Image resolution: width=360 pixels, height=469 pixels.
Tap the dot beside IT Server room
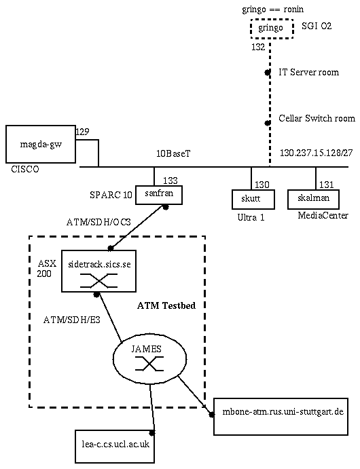click(268, 73)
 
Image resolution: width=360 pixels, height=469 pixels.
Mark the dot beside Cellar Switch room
click(268, 123)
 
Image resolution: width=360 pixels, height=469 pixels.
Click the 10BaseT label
click(173, 153)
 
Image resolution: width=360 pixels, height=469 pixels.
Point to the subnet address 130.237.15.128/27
click(317, 153)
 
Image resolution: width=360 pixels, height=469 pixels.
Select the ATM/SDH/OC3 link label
click(98, 222)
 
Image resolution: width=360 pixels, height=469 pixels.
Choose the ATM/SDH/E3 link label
click(72, 320)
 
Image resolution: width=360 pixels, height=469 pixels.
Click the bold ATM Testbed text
click(166, 305)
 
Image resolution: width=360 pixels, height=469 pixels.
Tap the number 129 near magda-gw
click(82, 132)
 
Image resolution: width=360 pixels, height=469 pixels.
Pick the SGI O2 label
click(317, 26)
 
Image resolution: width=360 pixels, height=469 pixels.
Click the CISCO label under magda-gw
click(25, 169)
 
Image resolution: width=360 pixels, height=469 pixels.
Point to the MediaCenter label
click(323, 215)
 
